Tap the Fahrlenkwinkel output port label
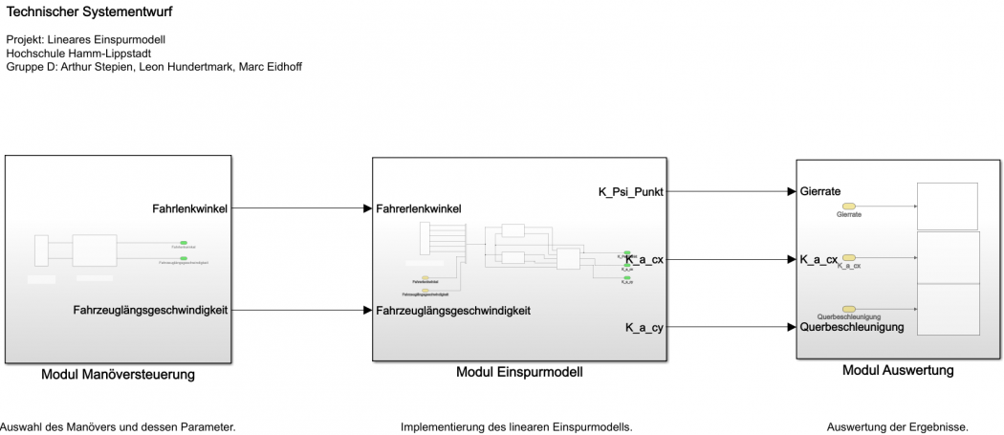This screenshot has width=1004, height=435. (189, 208)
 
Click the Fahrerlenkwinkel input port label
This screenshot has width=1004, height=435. (419, 208)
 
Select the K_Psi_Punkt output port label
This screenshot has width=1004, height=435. (630, 192)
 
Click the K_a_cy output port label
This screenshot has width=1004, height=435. (644, 328)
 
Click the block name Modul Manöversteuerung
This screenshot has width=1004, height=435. (118, 375)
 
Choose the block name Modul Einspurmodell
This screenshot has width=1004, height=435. (519, 373)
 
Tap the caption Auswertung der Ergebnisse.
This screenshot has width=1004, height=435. (897, 427)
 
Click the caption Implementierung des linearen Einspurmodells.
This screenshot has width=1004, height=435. (516, 427)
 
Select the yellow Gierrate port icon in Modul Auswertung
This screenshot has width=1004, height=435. (848, 207)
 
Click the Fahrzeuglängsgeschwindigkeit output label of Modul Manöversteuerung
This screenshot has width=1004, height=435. (150, 310)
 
